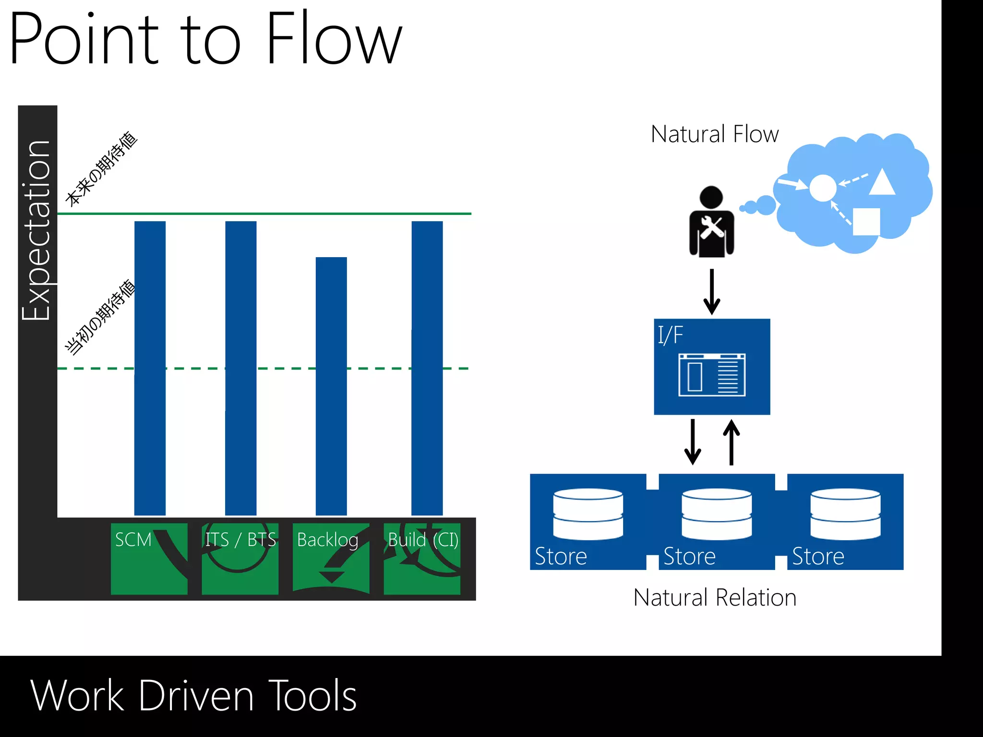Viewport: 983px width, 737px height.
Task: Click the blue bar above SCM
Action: click(150, 368)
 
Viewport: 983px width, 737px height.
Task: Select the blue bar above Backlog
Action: click(331, 386)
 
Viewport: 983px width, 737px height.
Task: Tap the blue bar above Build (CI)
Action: click(427, 368)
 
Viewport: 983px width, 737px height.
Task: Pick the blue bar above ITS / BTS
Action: click(240, 368)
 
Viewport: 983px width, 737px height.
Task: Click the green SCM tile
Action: click(149, 559)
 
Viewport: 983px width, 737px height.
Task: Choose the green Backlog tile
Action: click(331, 559)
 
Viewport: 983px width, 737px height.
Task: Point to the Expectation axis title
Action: click(36, 230)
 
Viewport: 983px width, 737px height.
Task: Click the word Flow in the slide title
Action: click(333, 38)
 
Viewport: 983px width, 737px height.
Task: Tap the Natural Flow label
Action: click(714, 134)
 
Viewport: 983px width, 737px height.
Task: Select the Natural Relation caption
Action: click(714, 598)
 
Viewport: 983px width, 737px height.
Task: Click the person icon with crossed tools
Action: click(711, 222)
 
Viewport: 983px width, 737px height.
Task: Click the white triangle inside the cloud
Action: click(882, 182)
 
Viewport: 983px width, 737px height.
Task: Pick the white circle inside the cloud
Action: click(823, 188)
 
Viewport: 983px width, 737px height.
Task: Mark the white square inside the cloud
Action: click(866, 221)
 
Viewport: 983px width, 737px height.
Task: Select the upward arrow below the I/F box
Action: click(731, 442)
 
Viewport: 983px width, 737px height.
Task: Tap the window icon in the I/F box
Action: click(712, 375)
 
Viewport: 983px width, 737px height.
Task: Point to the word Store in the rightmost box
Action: click(818, 557)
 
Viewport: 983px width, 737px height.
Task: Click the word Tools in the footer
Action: click(312, 695)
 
